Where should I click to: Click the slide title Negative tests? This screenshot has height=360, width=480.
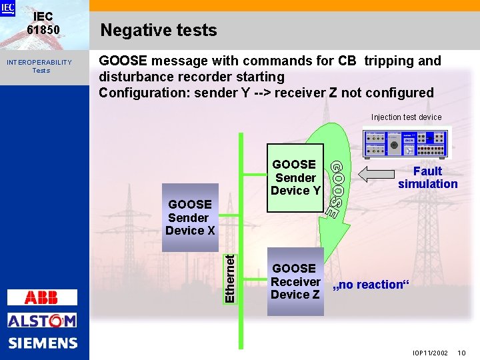(158, 31)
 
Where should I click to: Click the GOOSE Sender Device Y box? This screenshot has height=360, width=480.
(295, 177)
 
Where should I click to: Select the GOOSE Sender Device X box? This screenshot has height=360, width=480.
(189, 217)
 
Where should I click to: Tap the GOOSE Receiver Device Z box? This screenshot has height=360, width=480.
(295, 281)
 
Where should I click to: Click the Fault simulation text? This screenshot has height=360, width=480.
(427, 177)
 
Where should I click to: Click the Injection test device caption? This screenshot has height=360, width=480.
(406, 117)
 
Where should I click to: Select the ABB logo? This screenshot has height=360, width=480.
(42, 297)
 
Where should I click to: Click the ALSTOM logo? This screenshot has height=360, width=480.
(42, 321)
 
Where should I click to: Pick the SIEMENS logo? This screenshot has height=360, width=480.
(43, 343)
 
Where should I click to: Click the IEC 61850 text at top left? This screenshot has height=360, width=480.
(43, 23)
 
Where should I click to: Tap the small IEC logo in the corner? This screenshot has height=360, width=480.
(7, 8)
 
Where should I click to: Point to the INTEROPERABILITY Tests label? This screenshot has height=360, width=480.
(39, 66)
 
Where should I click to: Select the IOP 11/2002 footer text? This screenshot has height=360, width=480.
(430, 351)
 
